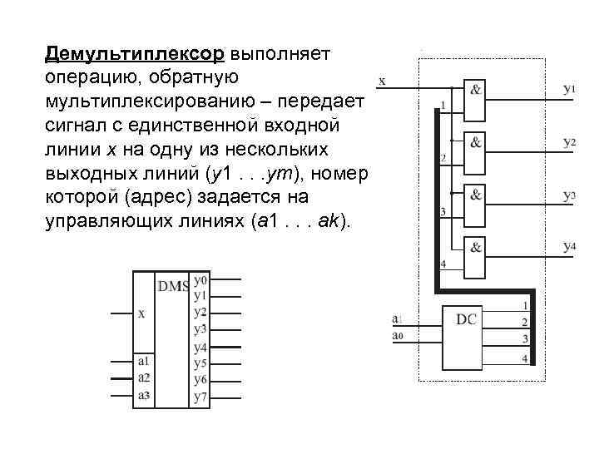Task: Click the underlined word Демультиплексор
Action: click(x=135, y=54)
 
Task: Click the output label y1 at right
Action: click(x=570, y=87)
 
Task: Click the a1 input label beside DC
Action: click(x=396, y=318)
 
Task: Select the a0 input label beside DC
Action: click(x=397, y=335)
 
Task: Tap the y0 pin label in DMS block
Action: click(x=200, y=281)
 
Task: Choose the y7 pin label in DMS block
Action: click(x=200, y=397)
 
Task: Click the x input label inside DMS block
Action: click(x=141, y=313)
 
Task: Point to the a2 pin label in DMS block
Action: click(x=143, y=377)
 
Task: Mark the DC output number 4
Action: click(x=524, y=358)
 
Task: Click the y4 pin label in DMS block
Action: click(x=200, y=346)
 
